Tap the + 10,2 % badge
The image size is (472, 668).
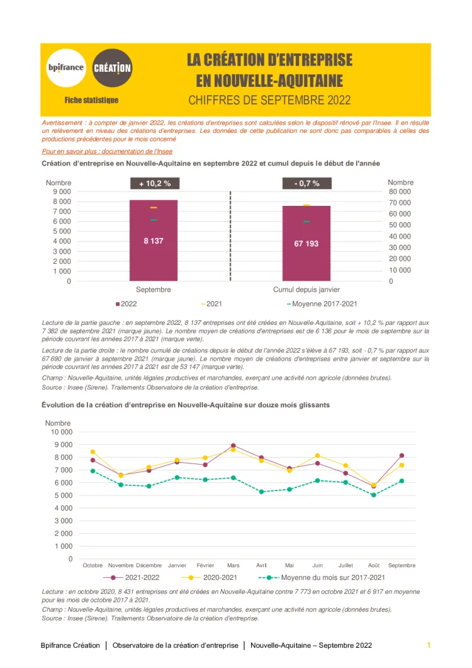click(x=154, y=184)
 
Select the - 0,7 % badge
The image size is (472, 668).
click(x=306, y=184)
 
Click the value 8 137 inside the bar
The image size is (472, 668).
click(x=154, y=241)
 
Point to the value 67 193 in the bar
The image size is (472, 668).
click(x=306, y=243)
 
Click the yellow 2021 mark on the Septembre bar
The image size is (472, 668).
click(x=154, y=207)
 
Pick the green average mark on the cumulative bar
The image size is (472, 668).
click(x=306, y=222)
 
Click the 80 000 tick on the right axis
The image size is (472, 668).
click(x=400, y=191)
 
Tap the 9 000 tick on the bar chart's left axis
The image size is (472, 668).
click(x=61, y=191)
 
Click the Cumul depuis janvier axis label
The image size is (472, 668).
click(x=306, y=290)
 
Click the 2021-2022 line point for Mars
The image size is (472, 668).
click(x=233, y=446)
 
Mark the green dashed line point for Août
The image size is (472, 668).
click(x=374, y=495)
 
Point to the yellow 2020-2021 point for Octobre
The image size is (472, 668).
click(x=93, y=452)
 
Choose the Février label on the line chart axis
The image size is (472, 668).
click(x=205, y=565)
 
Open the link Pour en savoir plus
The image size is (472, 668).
click(x=107, y=152)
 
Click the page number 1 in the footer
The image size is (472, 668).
click(x=429, y=645)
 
